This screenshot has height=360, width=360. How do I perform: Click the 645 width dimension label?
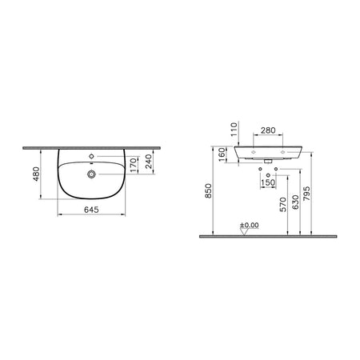coord(91,210)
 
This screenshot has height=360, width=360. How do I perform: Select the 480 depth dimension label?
coord(36,174)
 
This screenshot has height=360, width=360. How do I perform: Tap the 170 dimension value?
coord(134,165)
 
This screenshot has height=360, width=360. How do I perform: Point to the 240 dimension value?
coord(149,162)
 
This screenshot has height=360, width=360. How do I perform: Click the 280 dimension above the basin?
coord(268,130)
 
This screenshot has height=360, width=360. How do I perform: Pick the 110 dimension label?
coord(234,129)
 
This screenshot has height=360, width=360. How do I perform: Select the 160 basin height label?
coord(222,154)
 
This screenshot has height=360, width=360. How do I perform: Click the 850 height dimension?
coord(208,191)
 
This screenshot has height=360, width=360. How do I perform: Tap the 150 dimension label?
coord(268,182)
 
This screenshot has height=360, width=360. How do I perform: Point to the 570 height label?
coord(283,205)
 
